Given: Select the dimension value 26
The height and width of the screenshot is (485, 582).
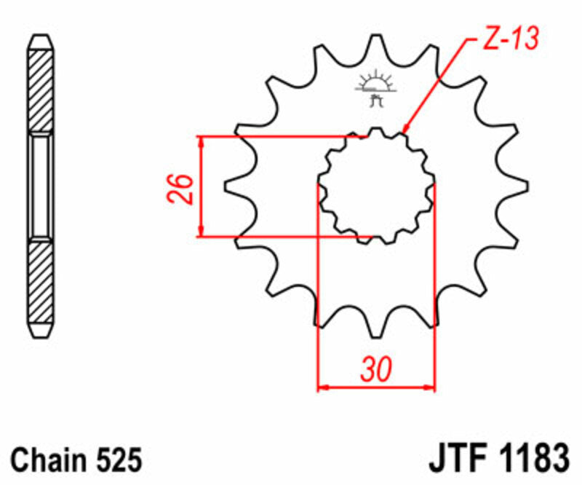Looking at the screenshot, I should pos(185,188).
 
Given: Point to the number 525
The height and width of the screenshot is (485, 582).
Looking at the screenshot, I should pos(116,460).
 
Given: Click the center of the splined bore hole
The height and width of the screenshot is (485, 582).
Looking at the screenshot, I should pos(376,186).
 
